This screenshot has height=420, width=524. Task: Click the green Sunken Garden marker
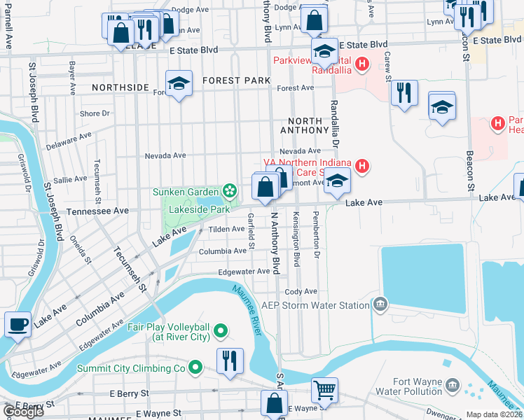pos(228,191)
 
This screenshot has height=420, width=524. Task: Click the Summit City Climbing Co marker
pos(197,367)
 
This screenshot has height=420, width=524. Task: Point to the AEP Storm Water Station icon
pos(380,304)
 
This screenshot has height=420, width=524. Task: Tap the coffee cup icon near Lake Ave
pos(18,324)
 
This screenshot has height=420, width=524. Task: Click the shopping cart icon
pos(324,390)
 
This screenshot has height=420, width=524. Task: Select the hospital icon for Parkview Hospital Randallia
pos(361,66)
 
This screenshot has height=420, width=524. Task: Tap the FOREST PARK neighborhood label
pos(236,80)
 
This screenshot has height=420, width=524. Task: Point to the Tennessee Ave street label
pos(97,211)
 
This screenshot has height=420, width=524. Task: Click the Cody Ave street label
pos(301,291)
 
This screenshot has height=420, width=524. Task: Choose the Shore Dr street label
pos(95,113)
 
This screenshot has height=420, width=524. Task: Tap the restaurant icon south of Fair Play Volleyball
pos(229,360)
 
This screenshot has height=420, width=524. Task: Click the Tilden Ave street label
pos(226,229)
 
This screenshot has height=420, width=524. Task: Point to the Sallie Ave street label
pos(70,180)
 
